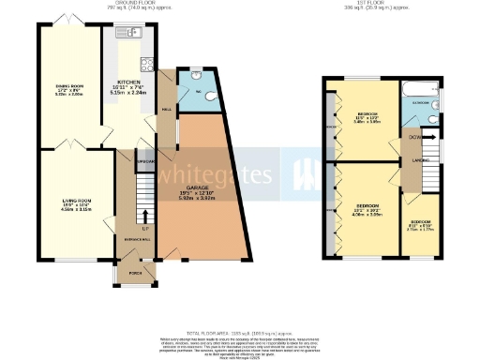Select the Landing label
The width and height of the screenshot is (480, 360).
click(x=409, y=160)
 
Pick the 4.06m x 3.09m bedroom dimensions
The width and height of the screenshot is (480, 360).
click(x=367, y=215)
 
